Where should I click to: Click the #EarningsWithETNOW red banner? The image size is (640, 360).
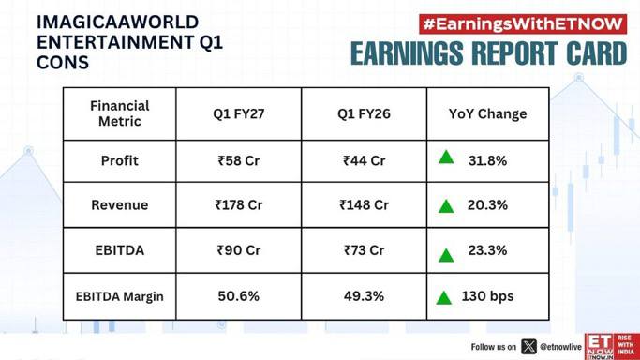click(x=523, y=24)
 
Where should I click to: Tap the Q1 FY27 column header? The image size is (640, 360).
click(x=239, y=113)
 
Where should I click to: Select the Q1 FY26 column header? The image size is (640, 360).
click(x=364, y=113)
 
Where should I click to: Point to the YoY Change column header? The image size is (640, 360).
click(x=488, y=113)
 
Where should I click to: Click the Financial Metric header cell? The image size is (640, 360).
click(x=120, y=113)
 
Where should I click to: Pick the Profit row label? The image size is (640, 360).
click(x=120, y=160)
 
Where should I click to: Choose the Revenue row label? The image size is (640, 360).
click(x=120, y=204)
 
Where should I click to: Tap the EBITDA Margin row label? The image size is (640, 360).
click(x=120, y=296)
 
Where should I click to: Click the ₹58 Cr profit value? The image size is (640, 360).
click(x=239, y=160)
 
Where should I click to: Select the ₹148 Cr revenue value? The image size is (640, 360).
click(x=364, y=204)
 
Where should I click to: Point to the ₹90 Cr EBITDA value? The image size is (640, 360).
click(x=239, y=249)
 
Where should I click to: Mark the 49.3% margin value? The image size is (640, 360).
click(x=364, y=296)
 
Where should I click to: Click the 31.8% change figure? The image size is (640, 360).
click(x=488, y=160)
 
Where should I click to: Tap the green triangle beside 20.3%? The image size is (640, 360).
click(x=446, y=206)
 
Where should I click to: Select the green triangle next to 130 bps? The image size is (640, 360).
click(x=443, y=297)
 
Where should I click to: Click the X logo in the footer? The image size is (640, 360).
click(x=529, y=347)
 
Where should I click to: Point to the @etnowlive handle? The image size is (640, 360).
click(x=560, y=347)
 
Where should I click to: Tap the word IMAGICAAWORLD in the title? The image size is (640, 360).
click(x=117, y=22)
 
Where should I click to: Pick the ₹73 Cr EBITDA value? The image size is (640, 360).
click(x=364, y=249)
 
